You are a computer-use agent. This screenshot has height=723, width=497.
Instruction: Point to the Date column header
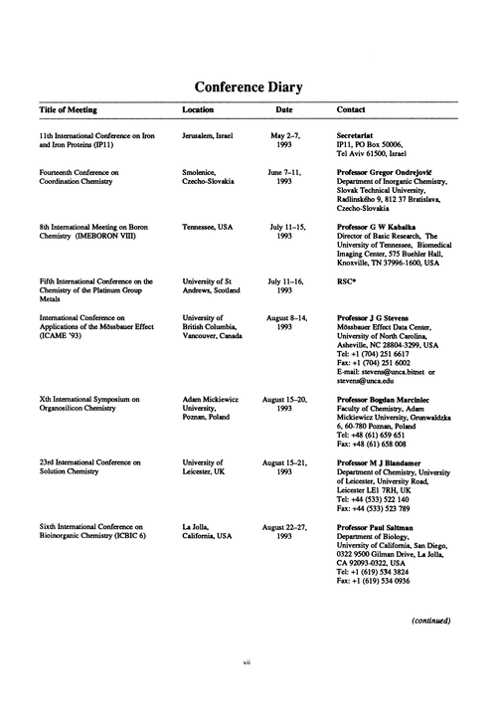point(284,109)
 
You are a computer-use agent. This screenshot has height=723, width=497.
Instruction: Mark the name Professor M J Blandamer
point(382,463)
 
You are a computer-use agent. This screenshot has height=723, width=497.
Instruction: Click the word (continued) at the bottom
point(431,622)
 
